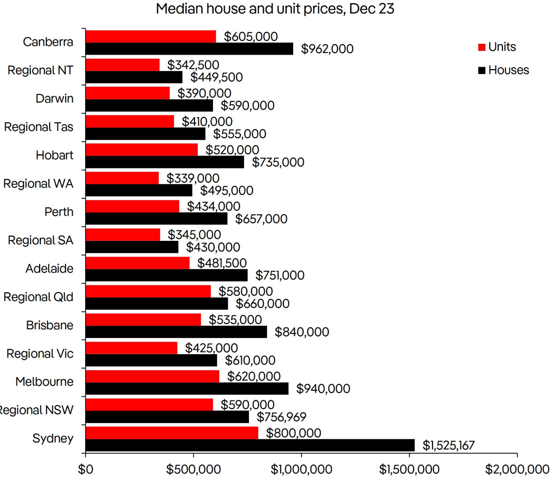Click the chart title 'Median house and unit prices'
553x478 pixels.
point(275,9)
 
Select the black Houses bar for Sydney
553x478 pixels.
point(250,445)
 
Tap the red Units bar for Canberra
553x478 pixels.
point(151,36)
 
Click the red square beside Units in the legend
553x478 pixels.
point(481,47)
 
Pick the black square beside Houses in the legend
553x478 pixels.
point(481,70)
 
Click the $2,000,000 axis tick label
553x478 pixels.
point(517,469)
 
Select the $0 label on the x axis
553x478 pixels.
point(85,469)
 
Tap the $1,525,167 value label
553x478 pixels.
point(448,445)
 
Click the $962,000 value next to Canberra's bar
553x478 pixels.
point(327,49)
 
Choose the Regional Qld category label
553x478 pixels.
point(39,297)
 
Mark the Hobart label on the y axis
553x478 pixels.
point(54,155)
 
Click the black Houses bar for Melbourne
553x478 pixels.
point(187,388)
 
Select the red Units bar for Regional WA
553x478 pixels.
point(122,178)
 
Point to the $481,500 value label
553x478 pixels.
point(222,263)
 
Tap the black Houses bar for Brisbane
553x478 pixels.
point(176,332)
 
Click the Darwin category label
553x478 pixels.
point(54,98)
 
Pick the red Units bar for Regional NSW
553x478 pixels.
point(149,404)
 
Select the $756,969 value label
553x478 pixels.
point(282,417)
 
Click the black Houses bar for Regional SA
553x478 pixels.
point(132,247)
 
